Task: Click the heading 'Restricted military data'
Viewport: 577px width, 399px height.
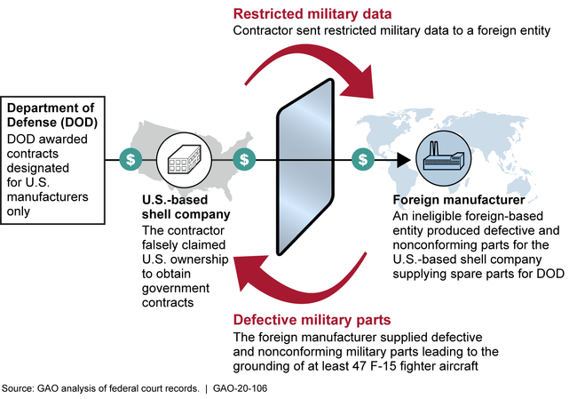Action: [x=312, y=13]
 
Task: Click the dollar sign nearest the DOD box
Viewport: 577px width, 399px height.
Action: [x=131, y=160]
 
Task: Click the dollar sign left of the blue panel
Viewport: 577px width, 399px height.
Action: [x=244, y=160]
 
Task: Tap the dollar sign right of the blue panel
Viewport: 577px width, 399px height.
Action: [x=362, y=160]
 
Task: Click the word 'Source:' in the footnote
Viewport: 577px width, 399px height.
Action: [x=17, y=389]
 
